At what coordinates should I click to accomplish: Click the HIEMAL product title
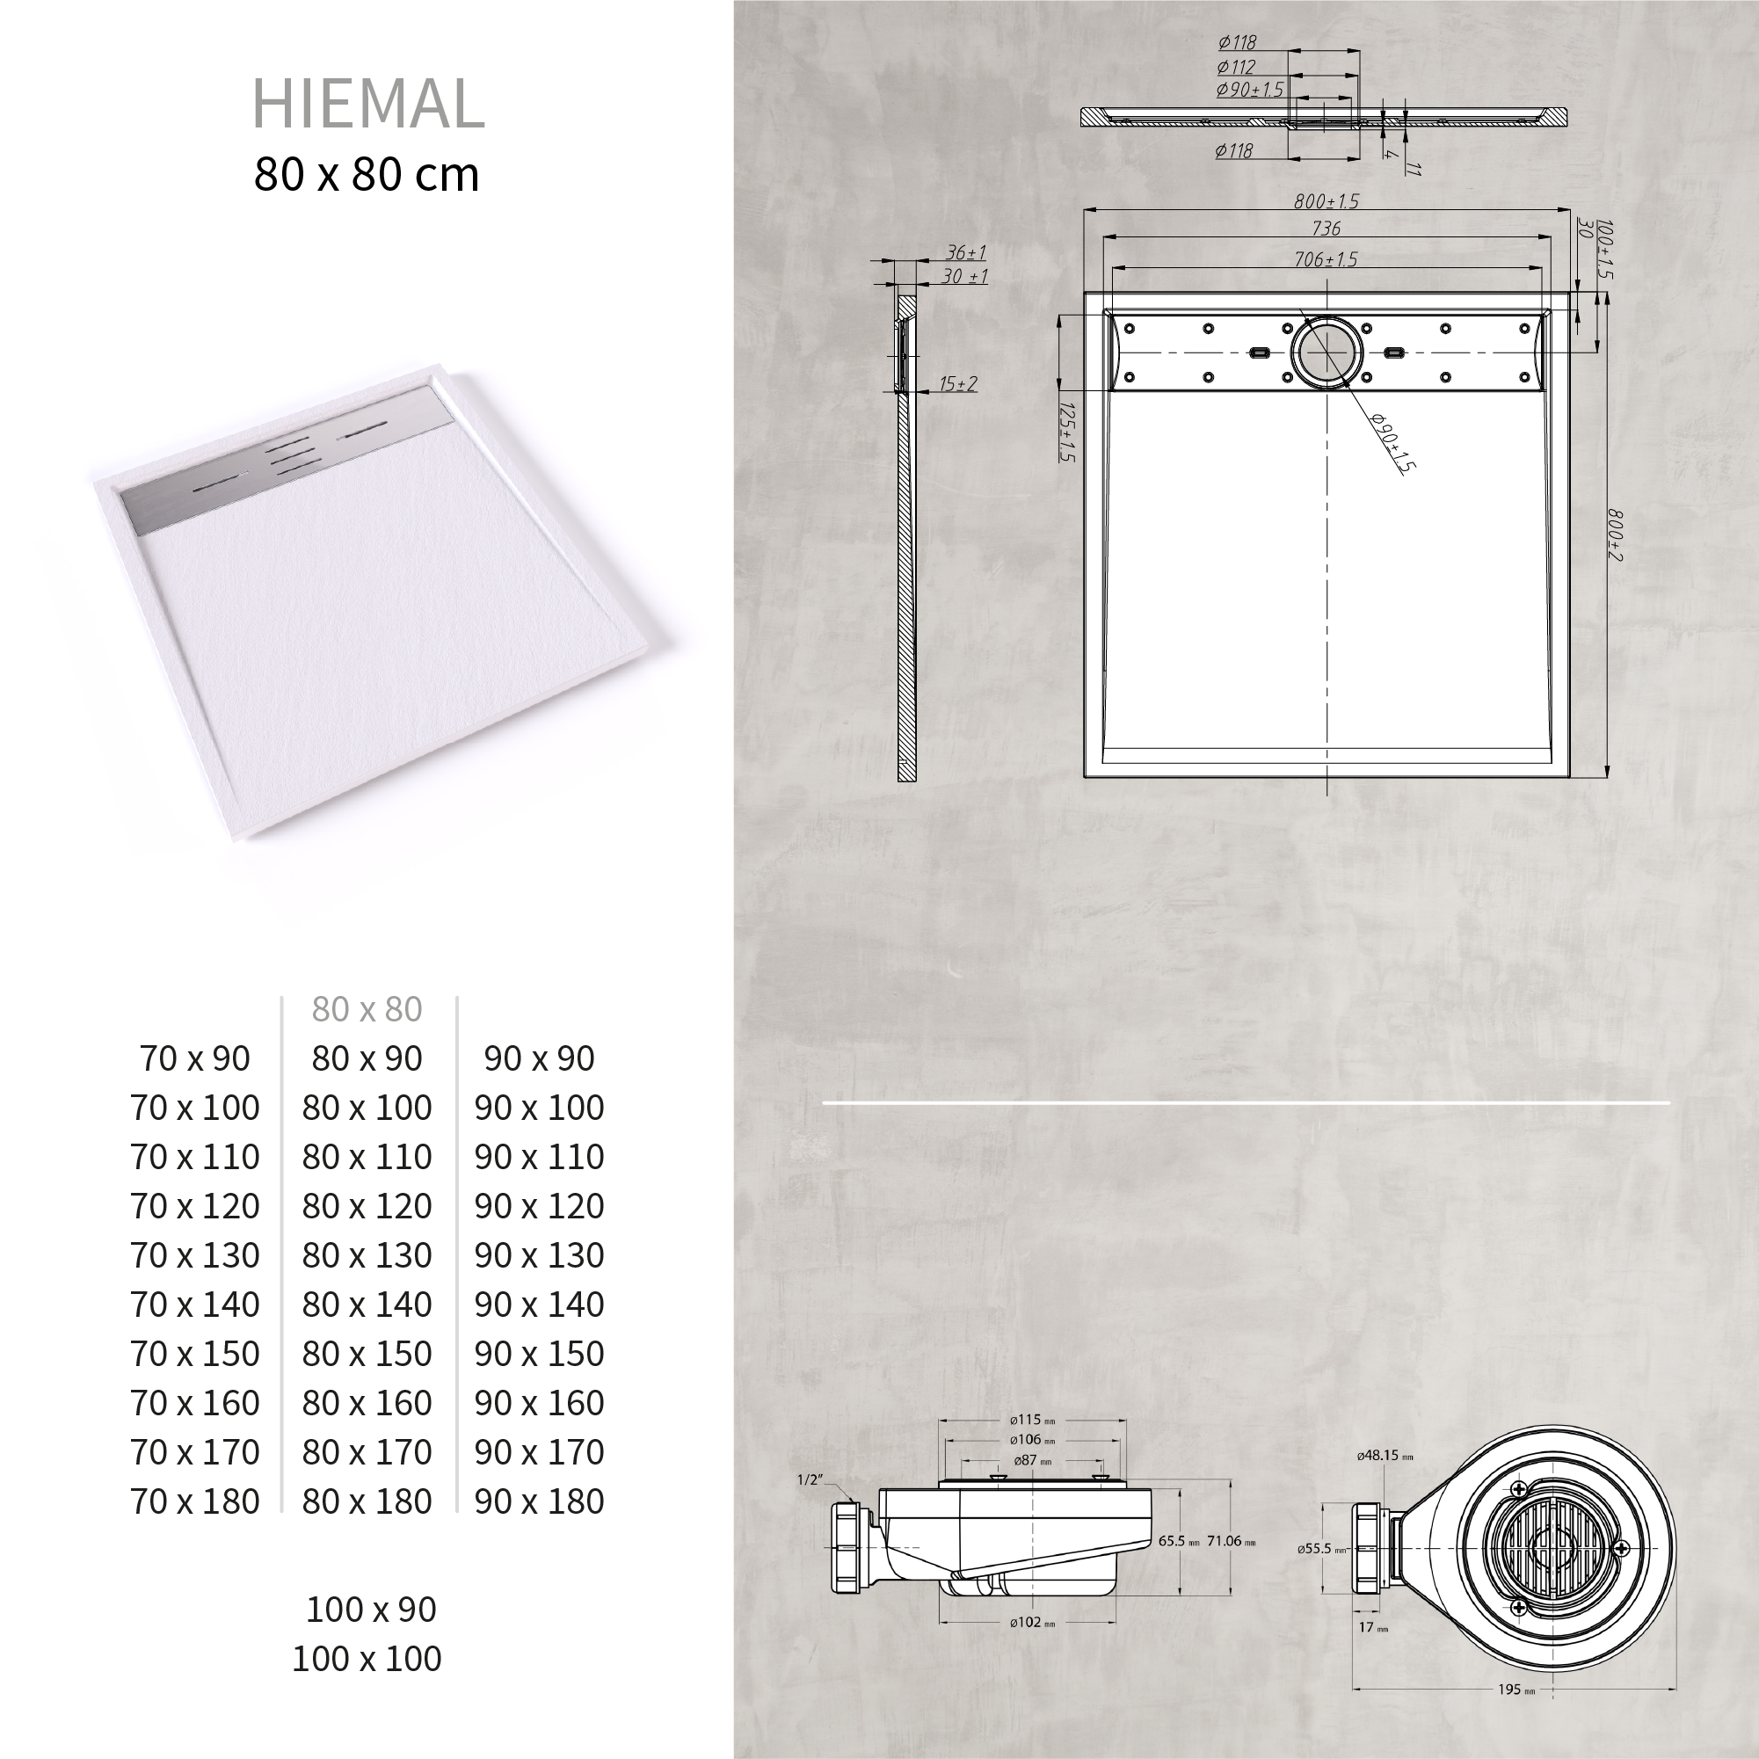pyautogui.click(x=367, y=104)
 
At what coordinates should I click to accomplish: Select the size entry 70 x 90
pyautogui.click(x=195, y=1059)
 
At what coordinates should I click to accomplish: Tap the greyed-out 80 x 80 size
pyautogui.click(x=367, y=1009)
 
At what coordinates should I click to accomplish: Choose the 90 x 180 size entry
pyautogui.click(x=539, y=1501)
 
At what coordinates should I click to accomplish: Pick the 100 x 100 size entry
pyautogui.click(x=367, y=1659)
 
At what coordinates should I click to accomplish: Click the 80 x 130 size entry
pyautogui.click(x=367, y=1255)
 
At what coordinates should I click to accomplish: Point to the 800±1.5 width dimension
pyautogui.click(x=1326, y=201)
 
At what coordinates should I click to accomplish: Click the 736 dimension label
pyautogui.click(x=1326, y=229)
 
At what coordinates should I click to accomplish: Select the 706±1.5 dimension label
pyautogui.click(x=1326, y=259)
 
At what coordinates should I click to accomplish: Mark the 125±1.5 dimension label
pyautogui.click(x=1068, y=432)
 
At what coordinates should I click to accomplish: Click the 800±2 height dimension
pyautogui.click(x=1614, y=535)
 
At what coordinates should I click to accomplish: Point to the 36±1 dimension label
pyautogui.click(x=965, y=252)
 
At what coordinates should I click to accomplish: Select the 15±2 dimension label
pyautogui.click(x=958, y=383)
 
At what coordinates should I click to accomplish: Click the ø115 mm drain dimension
pyautogui.click(x=1031, y=1420)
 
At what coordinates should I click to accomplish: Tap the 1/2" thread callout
pyautogui.click(x=810, y=1479)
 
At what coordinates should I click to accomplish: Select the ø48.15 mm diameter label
pyautogui.click(x=1385, y=1456)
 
